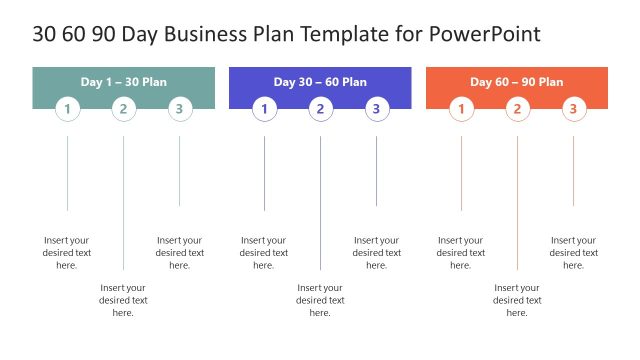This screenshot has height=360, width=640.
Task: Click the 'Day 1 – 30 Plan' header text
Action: point(124,81)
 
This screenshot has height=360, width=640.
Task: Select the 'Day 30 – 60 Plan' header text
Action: point(320,81)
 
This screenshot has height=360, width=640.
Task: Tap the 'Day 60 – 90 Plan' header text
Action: point(517,81)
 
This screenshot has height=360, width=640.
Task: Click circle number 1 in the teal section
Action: point(67,109)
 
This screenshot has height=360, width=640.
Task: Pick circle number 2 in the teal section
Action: point(123,109)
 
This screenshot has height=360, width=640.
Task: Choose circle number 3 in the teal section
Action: point(180,109)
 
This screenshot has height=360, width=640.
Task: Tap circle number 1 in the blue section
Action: point(264,109)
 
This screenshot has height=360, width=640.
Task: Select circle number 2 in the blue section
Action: point(320,109)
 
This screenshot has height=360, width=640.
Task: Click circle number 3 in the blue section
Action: point(377,109)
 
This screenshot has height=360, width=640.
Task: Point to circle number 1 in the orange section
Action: point(461,109)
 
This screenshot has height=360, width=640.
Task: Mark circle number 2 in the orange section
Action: point(517,109)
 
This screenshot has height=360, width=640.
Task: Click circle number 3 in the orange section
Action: point(573,109)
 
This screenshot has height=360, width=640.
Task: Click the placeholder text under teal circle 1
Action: point(67,253)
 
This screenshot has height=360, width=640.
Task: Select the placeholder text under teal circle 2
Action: point(123,300)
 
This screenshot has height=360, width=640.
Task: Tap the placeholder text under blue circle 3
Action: point(377,253)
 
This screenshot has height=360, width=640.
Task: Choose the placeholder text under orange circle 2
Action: point(517,300)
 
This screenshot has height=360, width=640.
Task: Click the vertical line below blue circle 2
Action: point(320,200)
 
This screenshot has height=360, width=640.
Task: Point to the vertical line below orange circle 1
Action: point(461,175)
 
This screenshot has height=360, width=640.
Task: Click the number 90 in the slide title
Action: point(103,34)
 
